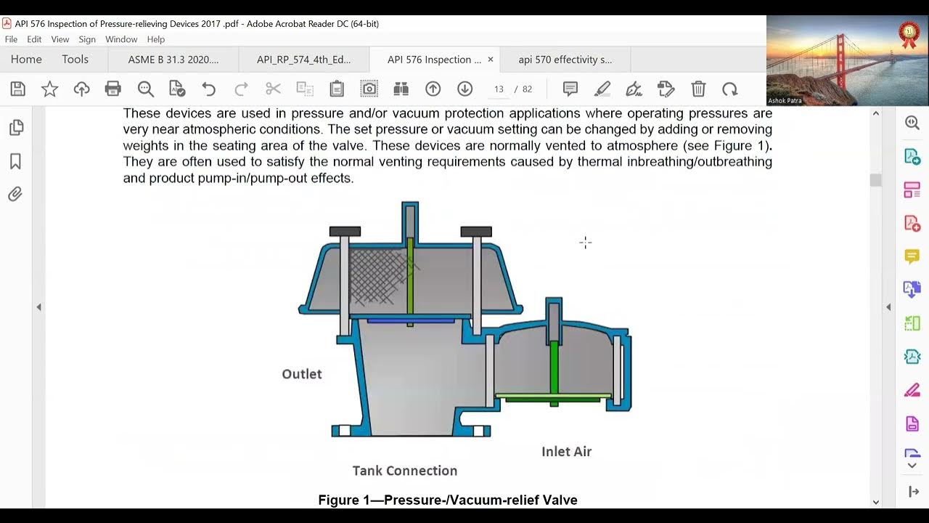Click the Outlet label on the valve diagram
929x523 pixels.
(x=302, y=374)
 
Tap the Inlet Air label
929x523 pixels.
(x=567, y=452)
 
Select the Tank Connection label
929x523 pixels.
(x=405, y=471)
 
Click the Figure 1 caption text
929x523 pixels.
(x=448, y=500)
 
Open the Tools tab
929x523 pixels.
(x=75, y=60)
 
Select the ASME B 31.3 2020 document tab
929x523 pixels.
(x=173, y=60)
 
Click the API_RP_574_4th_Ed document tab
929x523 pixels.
(x=303, y=60)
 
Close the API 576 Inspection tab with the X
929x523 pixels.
(x=491, y=60)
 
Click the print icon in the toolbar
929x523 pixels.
(x=112, y=89)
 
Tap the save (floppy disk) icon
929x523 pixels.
(x=18, y=89)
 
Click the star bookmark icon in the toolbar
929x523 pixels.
(x=50, y=89)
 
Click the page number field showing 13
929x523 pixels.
(x=499, y=89)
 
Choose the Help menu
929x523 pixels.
(x=156, y=39)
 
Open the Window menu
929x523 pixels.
(x=121, y=39)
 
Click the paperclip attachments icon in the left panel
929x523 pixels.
(x=15, y=194)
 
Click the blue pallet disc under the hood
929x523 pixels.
(x=411, y=320)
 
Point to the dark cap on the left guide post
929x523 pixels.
(x=345, y=231)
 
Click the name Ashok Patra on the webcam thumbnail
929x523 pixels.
(x=785, y=100)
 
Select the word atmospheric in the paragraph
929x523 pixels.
(x=218, y=129)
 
